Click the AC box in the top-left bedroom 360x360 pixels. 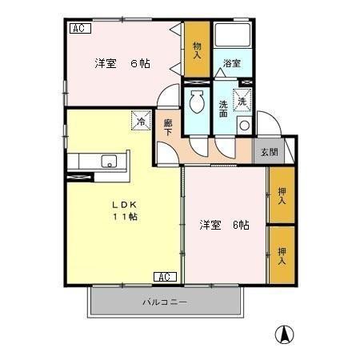[x=80, y=29]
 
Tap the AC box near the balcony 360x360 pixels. [x=164, y=277]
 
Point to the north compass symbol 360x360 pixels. [x=283, y=334]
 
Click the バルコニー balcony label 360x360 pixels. [x=165, y=303]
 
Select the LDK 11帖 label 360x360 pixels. [x=124, y=210]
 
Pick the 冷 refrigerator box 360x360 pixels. [x=141, y=122]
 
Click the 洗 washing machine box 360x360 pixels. [x=242, y=100]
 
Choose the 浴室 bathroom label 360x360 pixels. [x=232, y=63]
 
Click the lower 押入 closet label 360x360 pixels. [x=282, y=255]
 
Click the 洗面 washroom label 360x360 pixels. [x=223, y=108]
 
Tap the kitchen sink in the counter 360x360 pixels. [x=106, y=162]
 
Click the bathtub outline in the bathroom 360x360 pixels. [x=234, y=36]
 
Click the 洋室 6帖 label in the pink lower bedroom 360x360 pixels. [x=224, y=225]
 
